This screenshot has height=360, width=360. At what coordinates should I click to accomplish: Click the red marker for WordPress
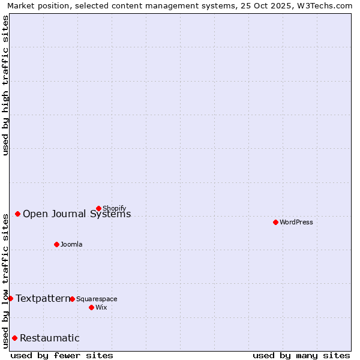click(x=275, y=222)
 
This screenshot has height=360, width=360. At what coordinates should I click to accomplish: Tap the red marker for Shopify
click(x=98, y=208)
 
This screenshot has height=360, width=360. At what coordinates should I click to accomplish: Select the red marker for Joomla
click(x=56, y=244)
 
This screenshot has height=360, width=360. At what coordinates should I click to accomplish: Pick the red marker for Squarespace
click(x=72, y=299)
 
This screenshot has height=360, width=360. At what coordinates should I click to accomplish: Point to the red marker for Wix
click(x=91, y=307)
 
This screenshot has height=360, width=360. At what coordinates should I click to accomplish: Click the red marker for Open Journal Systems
click(x=17, y=214)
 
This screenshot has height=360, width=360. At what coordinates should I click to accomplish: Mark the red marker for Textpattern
click(x=10, y=298)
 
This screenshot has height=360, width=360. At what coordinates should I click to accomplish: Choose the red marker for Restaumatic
click(x=14, y=338)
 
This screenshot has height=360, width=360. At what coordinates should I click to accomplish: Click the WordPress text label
click(x=296, y=223)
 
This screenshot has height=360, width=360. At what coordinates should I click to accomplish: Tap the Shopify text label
click(x=115, y=209)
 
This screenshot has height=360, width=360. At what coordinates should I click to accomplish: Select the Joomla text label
click(x=71, y=245)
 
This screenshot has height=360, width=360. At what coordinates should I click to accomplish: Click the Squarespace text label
click(x=97, y=299)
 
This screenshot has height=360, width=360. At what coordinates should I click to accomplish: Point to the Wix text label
click(x=101, y=308)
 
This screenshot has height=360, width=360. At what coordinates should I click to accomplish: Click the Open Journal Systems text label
click(x=77, y=214)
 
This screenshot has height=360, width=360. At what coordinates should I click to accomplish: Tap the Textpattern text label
click(x=43, y=298)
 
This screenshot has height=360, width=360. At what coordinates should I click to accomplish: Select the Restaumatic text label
click(x=50, y=338)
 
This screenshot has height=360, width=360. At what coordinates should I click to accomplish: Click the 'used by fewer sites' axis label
click(x=62, y=355)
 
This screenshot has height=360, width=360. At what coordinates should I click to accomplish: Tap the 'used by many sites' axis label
click(x=301, y=355)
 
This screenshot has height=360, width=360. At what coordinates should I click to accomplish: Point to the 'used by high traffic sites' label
click(x=6, y=85)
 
